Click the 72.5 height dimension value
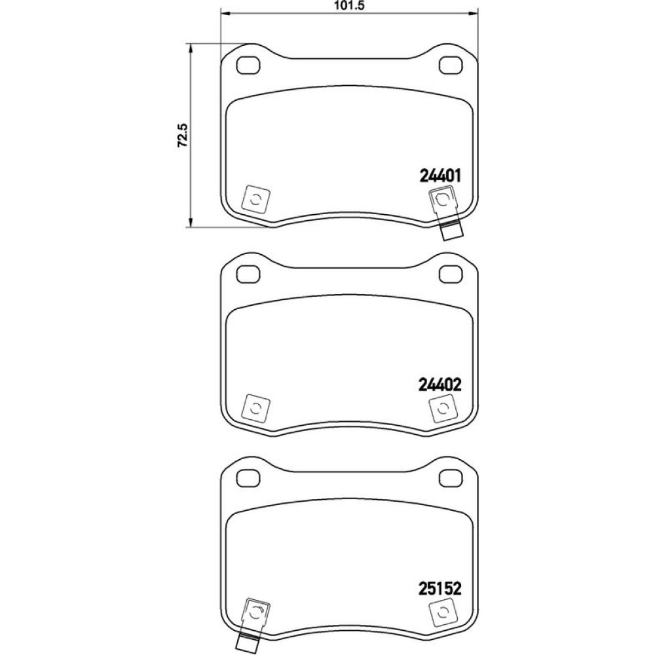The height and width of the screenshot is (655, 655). (183, 136)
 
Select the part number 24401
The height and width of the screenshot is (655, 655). (440, 176)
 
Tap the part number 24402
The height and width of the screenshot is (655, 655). (440, 384)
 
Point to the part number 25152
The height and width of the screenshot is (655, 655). (440, 589)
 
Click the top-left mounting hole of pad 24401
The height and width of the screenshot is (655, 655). (248, 65)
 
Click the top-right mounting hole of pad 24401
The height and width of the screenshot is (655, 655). (451, 65)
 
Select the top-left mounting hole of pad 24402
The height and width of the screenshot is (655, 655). (248, 274)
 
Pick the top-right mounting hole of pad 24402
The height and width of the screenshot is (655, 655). (451, 274)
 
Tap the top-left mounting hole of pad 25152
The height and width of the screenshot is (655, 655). (248, 477)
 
